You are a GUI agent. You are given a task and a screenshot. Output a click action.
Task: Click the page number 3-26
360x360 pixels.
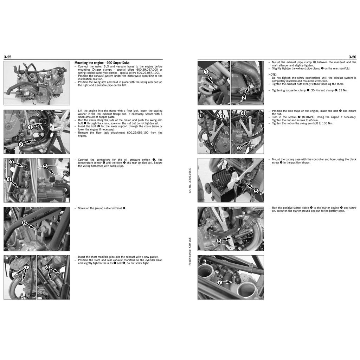pyautogui.click(x=352, y=57)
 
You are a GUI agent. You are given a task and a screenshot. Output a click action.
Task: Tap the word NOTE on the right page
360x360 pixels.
pyautogui.click(x=273, y=75)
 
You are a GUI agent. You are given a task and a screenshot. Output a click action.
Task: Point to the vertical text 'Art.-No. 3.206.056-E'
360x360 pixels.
pyautogui.click(x=190, y=180)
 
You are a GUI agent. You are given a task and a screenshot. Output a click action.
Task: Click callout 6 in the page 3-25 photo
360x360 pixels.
pyautogui.click(x=24, y=223)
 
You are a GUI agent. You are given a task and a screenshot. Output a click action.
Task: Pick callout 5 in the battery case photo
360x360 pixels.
pyautogui.click(x=256, y=191)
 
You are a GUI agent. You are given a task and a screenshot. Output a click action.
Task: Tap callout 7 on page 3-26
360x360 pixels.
pyautogui.click(x=219, y=282)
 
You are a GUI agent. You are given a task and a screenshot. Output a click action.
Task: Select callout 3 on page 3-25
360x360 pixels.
pyautogui.click(x=11, y=162)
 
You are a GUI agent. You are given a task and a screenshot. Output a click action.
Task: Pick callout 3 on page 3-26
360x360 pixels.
pyautogui.click(x=239, y=148)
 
